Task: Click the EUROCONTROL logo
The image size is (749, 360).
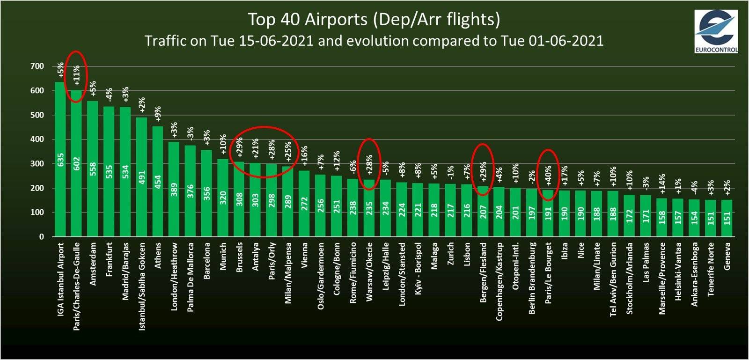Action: click(716, 31)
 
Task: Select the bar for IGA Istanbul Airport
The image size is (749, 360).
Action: click(60, 159)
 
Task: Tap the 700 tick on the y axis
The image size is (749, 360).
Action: click(37, 66)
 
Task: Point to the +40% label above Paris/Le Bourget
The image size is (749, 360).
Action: click(548, 176)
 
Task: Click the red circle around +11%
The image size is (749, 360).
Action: click(75, 76)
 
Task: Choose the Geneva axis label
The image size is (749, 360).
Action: click(727, 256)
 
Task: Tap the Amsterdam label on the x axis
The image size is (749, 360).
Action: click(93, 264)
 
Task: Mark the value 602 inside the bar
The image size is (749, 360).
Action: click(77, 163)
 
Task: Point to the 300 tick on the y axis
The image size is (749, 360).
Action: click(37, 164)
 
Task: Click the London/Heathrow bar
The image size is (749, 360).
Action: click(174, 189)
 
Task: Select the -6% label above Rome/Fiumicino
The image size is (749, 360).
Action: click(353, 166)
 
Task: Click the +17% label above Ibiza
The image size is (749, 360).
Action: click(565, 176)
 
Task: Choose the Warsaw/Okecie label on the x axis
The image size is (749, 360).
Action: click(369, 272)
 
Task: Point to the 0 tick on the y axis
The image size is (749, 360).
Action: click(42, 237)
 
